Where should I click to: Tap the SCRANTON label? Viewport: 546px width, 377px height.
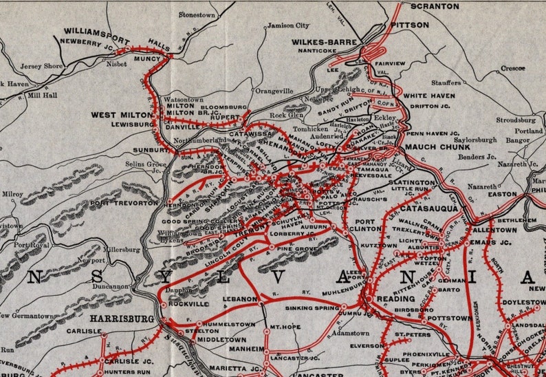tap(434, 6)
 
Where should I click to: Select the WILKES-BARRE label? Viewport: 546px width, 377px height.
tap(321, 41)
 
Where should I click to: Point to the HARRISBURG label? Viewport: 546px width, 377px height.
tap(121, 319)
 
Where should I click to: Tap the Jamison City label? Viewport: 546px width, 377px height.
tap(288, 25)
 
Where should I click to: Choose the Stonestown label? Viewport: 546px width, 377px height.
tap(198, 14)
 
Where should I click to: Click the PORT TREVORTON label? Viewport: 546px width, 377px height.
tap(124, 203)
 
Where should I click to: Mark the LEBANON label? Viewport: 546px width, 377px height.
tap(240, 299)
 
